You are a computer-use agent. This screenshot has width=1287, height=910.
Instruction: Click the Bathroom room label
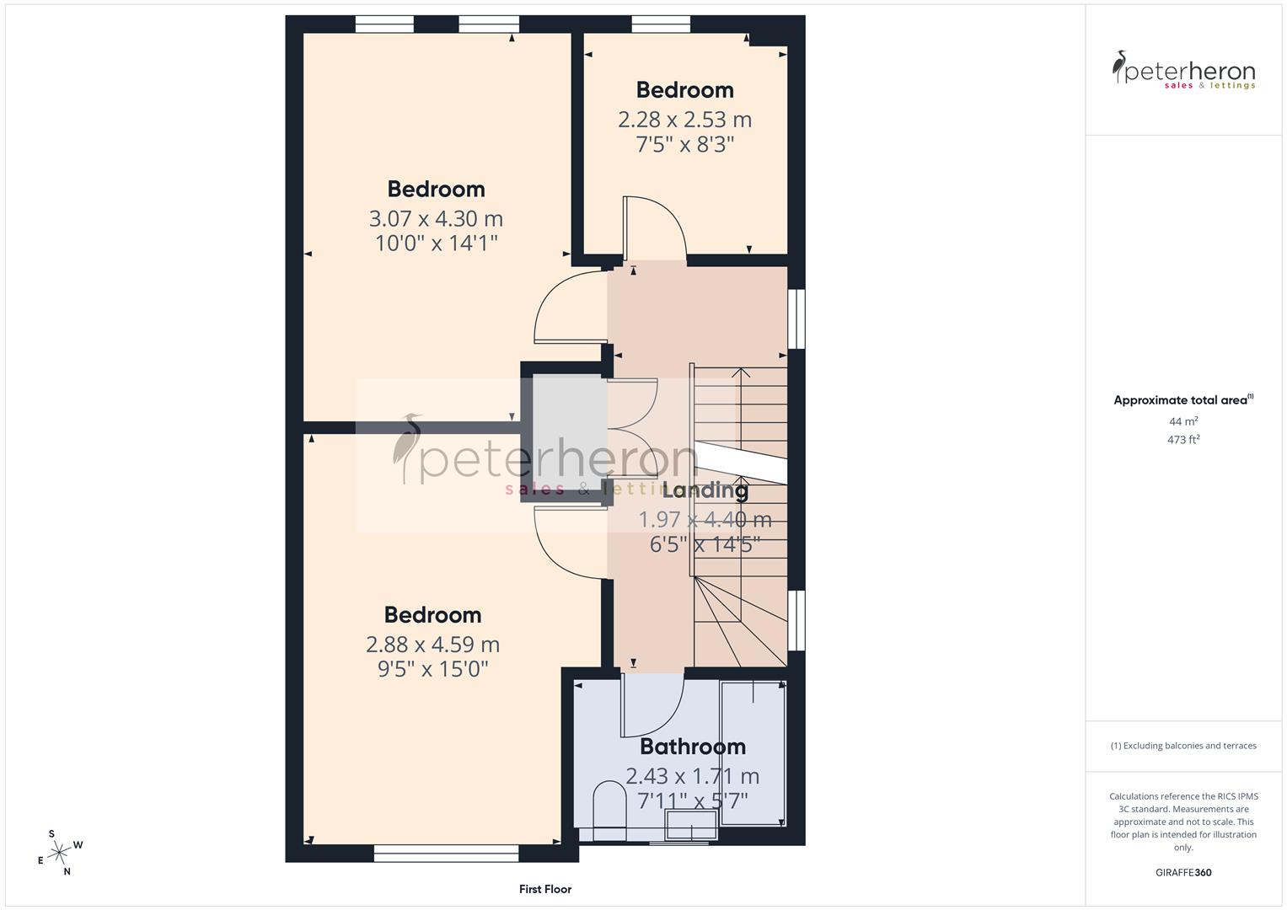click(692, 747)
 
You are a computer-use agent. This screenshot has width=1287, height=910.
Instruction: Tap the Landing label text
click(705, 490)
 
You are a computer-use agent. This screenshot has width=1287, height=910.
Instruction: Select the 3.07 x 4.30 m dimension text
click(436, 219)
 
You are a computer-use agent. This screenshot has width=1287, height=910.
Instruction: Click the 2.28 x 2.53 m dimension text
click(684, 120)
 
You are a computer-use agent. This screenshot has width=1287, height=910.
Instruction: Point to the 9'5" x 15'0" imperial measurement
click(432, 669)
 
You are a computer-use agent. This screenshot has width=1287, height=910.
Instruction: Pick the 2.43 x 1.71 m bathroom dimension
click(692, 776)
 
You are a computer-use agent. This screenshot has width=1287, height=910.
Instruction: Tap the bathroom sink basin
click(691, 825)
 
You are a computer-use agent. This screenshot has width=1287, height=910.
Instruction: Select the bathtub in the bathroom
click(753, 753)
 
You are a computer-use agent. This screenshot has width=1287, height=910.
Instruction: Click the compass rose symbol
click(59, 853)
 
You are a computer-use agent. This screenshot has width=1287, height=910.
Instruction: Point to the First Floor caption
click(545, 889)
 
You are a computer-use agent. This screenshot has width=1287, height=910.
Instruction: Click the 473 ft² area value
click(1183, 440)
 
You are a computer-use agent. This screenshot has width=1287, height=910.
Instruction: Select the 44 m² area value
click(1183, 421)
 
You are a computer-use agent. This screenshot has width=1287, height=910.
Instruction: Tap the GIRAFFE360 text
click(1183, 873)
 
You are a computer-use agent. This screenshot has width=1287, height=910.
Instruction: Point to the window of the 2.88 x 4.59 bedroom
click(446, 854)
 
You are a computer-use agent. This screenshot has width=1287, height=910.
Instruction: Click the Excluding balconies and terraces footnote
click(1183, 746)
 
